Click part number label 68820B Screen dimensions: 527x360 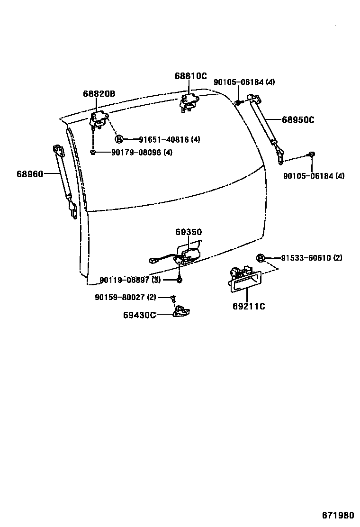[99, 94]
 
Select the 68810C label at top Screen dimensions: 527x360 [190, 76]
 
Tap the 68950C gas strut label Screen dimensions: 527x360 [298, 120]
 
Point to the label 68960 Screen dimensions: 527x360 [30, 174]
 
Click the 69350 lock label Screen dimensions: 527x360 [188, 232]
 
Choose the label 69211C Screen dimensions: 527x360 [249, 306]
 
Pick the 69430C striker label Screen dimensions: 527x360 [140, 315]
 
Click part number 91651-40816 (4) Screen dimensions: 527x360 [169, 140]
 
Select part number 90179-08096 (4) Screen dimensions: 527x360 [142, 153]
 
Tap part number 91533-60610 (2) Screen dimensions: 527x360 [311, 258]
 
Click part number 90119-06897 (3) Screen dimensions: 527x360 [130, 280]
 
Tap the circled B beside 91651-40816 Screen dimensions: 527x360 [119, 139]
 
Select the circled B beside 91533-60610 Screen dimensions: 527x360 [260, 258]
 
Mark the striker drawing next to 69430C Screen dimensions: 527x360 [181, 311]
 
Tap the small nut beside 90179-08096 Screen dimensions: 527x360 [93, 152]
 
